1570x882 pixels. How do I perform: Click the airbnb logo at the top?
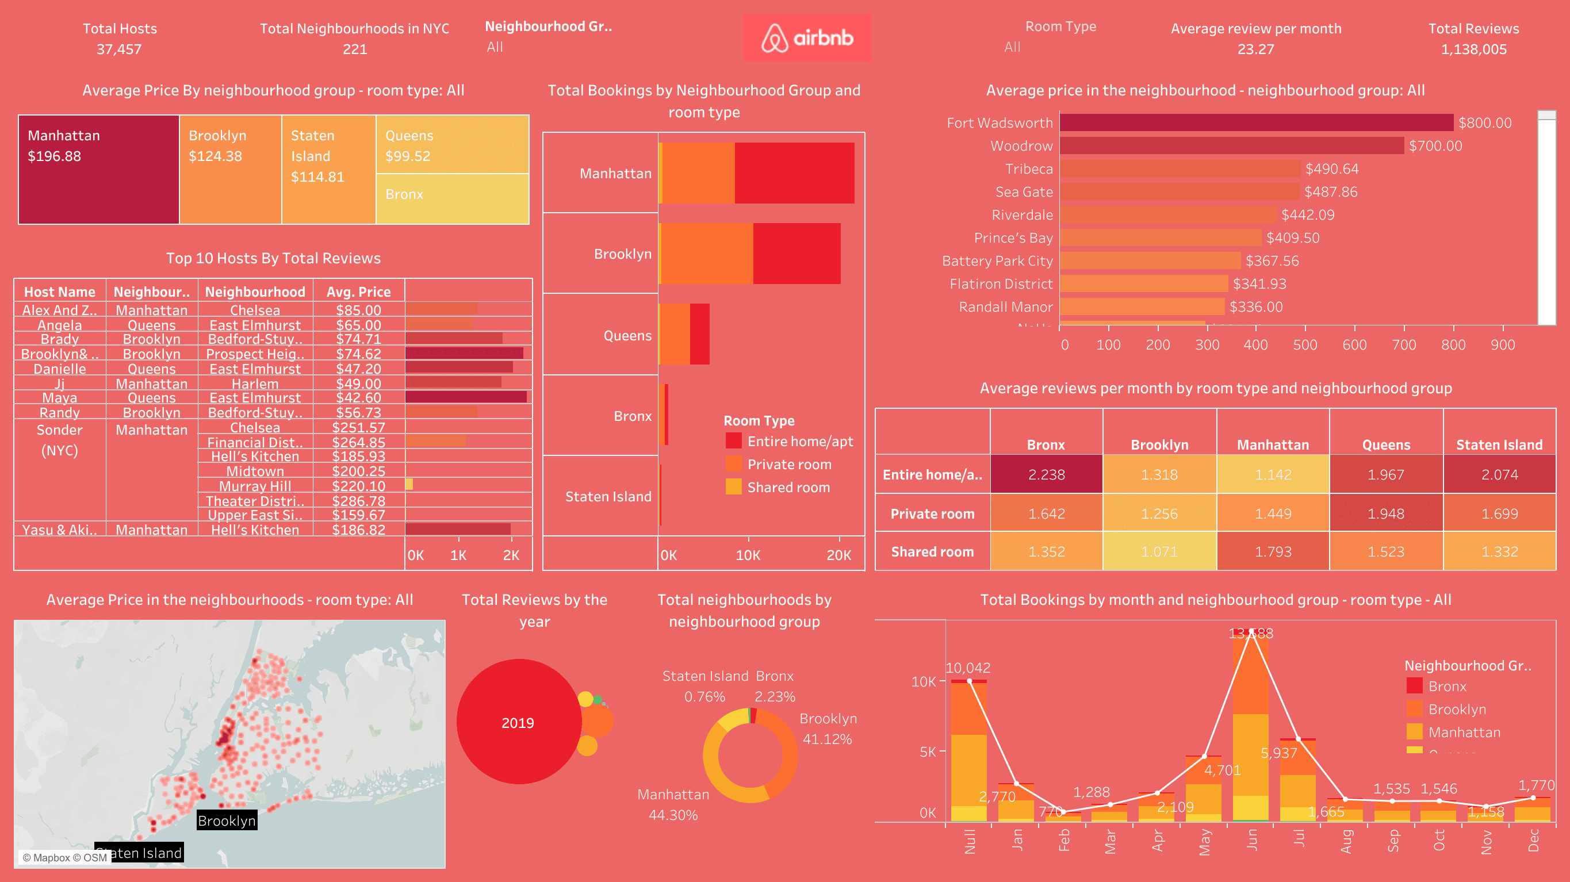coord(806,38)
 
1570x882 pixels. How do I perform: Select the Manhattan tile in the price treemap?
coord(98,170)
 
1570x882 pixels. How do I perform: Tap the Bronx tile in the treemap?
coord(452,199)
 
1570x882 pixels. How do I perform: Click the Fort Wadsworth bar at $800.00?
coord(1255,122)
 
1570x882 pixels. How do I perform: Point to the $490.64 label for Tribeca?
coord(1331,169)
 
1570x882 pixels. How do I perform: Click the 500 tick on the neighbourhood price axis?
coord(1304,344)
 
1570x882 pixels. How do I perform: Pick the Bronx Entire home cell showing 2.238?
coord(1046,474)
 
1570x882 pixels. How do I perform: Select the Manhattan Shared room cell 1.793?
coord(1273,551)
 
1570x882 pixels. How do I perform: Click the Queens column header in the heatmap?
coord(1385,444)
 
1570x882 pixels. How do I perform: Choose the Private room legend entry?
coord(788,465)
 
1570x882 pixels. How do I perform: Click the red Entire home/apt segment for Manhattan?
coord(794,173)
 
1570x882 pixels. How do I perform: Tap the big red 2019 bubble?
coord(518,722)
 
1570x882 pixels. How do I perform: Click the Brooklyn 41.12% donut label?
coord(827,729)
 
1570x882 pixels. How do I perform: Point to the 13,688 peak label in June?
coord(1250,633)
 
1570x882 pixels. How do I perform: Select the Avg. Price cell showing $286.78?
coord(358,500)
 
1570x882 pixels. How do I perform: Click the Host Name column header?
coord(60,292)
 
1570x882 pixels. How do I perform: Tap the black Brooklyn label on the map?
coord(226,820)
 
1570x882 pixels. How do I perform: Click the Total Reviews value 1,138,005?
coord(1473,49)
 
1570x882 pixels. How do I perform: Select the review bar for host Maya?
coord(466,397)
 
